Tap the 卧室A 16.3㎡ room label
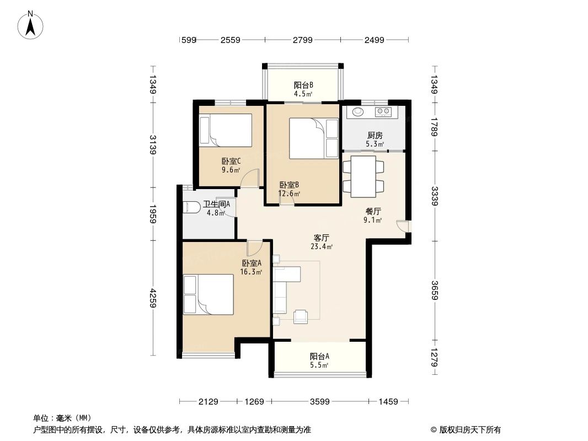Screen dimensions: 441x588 tap(251, 267)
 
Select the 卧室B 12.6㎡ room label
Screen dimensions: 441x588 tap(290, 189)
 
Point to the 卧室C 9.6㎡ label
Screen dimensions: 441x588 tap(231, 165)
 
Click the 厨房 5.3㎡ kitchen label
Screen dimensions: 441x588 tap(375, 139)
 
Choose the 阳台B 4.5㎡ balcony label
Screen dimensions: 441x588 tap(303, 89)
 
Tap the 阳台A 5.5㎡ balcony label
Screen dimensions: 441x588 tap(319, 361)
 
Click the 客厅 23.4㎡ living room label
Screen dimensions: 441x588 tap(322, 242)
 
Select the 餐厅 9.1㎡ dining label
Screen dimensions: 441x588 tap(373, 215)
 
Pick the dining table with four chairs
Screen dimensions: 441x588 tap(364, 177)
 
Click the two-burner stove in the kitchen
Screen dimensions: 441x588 tap(383, 112)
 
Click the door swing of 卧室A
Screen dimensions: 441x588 tap(254, 248)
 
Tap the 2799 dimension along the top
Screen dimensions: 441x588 tap(302, 40)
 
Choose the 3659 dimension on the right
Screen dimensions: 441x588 tap(435, 291)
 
